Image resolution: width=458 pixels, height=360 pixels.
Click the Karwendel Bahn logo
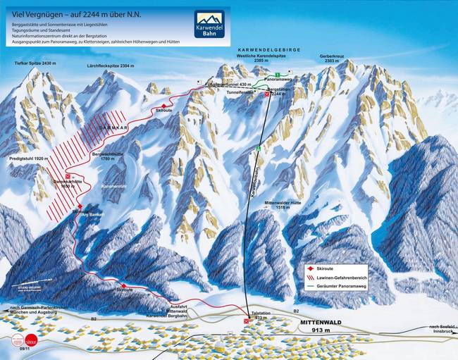point(209,25)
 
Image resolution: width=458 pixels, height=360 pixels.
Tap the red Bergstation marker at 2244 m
point(267,94)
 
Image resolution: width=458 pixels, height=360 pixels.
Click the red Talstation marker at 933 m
point(246,319)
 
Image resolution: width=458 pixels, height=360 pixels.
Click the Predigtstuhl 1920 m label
point(27,159)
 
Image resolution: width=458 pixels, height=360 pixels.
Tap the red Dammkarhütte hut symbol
point(68,177)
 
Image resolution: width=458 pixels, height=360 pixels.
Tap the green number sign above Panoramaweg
point(278,75)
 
